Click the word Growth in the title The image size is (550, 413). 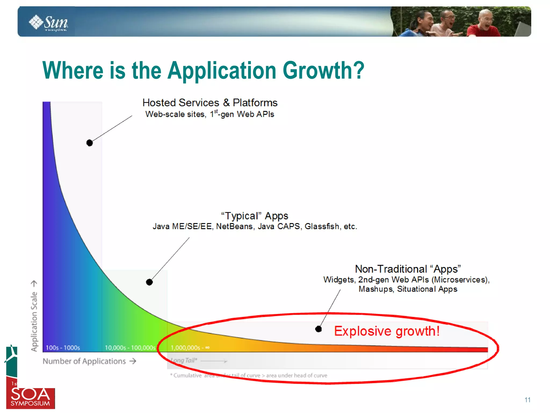pos(323,70)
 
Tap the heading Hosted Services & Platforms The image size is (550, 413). pos(210,103)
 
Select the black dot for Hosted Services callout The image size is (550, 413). pos(90,143)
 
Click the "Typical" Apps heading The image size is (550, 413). pos(254,216)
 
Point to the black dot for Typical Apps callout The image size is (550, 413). pos(149,282)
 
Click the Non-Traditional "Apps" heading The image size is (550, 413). pos(408,269)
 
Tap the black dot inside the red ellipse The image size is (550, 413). pos(319,329)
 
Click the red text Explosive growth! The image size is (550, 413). pos(387,331)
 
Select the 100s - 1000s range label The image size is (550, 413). pos(63,348)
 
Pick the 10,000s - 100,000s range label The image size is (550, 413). pos(130,348)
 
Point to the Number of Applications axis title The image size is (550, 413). pos(84,361)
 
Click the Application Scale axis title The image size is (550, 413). pos(34,321)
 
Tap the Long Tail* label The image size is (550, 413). pos(184,360)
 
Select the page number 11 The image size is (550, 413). pos(527,400)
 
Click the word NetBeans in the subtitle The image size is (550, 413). pos(234,226)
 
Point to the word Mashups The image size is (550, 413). pos(375,289)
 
